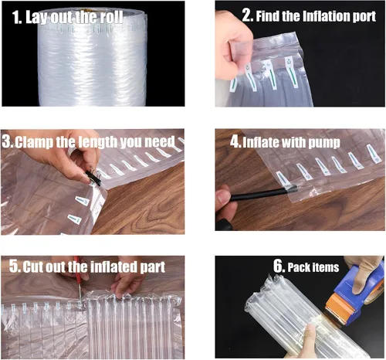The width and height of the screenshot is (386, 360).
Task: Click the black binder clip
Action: (x=93, y=177)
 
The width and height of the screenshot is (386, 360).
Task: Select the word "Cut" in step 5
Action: (x=32, y=267)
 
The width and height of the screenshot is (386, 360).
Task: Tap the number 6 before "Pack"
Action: (x=279, y=266)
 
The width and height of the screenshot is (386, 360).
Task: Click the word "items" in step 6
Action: (x=326, y=267)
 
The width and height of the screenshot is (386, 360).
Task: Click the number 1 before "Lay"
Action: (x=16, y=18)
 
